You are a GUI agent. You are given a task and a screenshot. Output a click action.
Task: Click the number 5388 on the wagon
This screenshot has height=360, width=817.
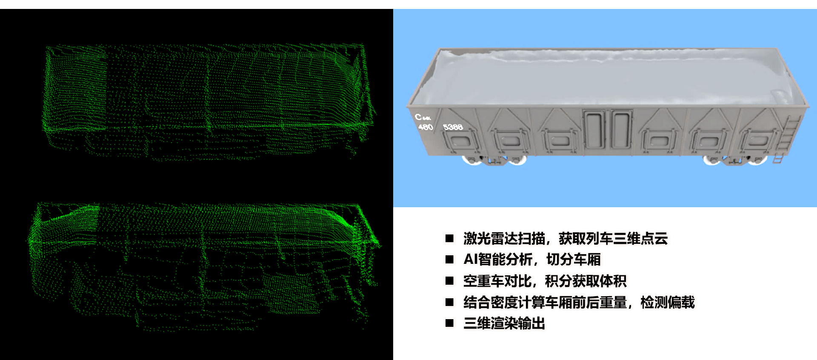[x=453, y=127]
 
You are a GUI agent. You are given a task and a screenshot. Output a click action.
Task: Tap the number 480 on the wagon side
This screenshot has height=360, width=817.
[x=426, y=127]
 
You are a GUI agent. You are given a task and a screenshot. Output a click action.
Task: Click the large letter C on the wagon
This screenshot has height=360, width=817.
[x=419, y=116]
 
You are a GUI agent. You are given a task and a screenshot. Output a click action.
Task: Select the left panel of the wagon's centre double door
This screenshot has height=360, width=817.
[x=594, y=129]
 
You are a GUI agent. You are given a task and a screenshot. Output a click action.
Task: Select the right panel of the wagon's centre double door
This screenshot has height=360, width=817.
[x=620, y=129]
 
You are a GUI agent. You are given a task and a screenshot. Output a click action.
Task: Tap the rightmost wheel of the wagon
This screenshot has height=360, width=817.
[x=757, y=160]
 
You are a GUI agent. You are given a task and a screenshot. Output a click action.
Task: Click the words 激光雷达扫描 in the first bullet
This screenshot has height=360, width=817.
[x=504, y=238]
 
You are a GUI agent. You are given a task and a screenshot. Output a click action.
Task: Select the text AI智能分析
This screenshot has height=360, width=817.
[x=498, y=259]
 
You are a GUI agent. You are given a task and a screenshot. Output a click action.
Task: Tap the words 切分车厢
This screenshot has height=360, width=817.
[x=573, y=259]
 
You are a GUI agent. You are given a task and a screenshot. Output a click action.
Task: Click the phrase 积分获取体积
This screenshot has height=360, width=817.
[x=586, y=281]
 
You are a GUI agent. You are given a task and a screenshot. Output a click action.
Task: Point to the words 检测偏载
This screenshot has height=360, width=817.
[x=667, y=302]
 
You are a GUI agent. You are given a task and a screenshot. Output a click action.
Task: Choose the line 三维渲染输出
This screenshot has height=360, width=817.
[x=504, y=323]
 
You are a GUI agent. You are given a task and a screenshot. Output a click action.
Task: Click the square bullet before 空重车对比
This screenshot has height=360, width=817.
[x=449, y=281]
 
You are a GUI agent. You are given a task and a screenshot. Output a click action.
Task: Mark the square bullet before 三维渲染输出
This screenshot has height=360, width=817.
[x=449, y=323]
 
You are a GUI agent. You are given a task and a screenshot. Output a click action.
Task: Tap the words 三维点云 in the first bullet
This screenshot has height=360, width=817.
[x=640, y=238]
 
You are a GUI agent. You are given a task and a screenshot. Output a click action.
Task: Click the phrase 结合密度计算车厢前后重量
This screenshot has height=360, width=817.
[x=545, y=302]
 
